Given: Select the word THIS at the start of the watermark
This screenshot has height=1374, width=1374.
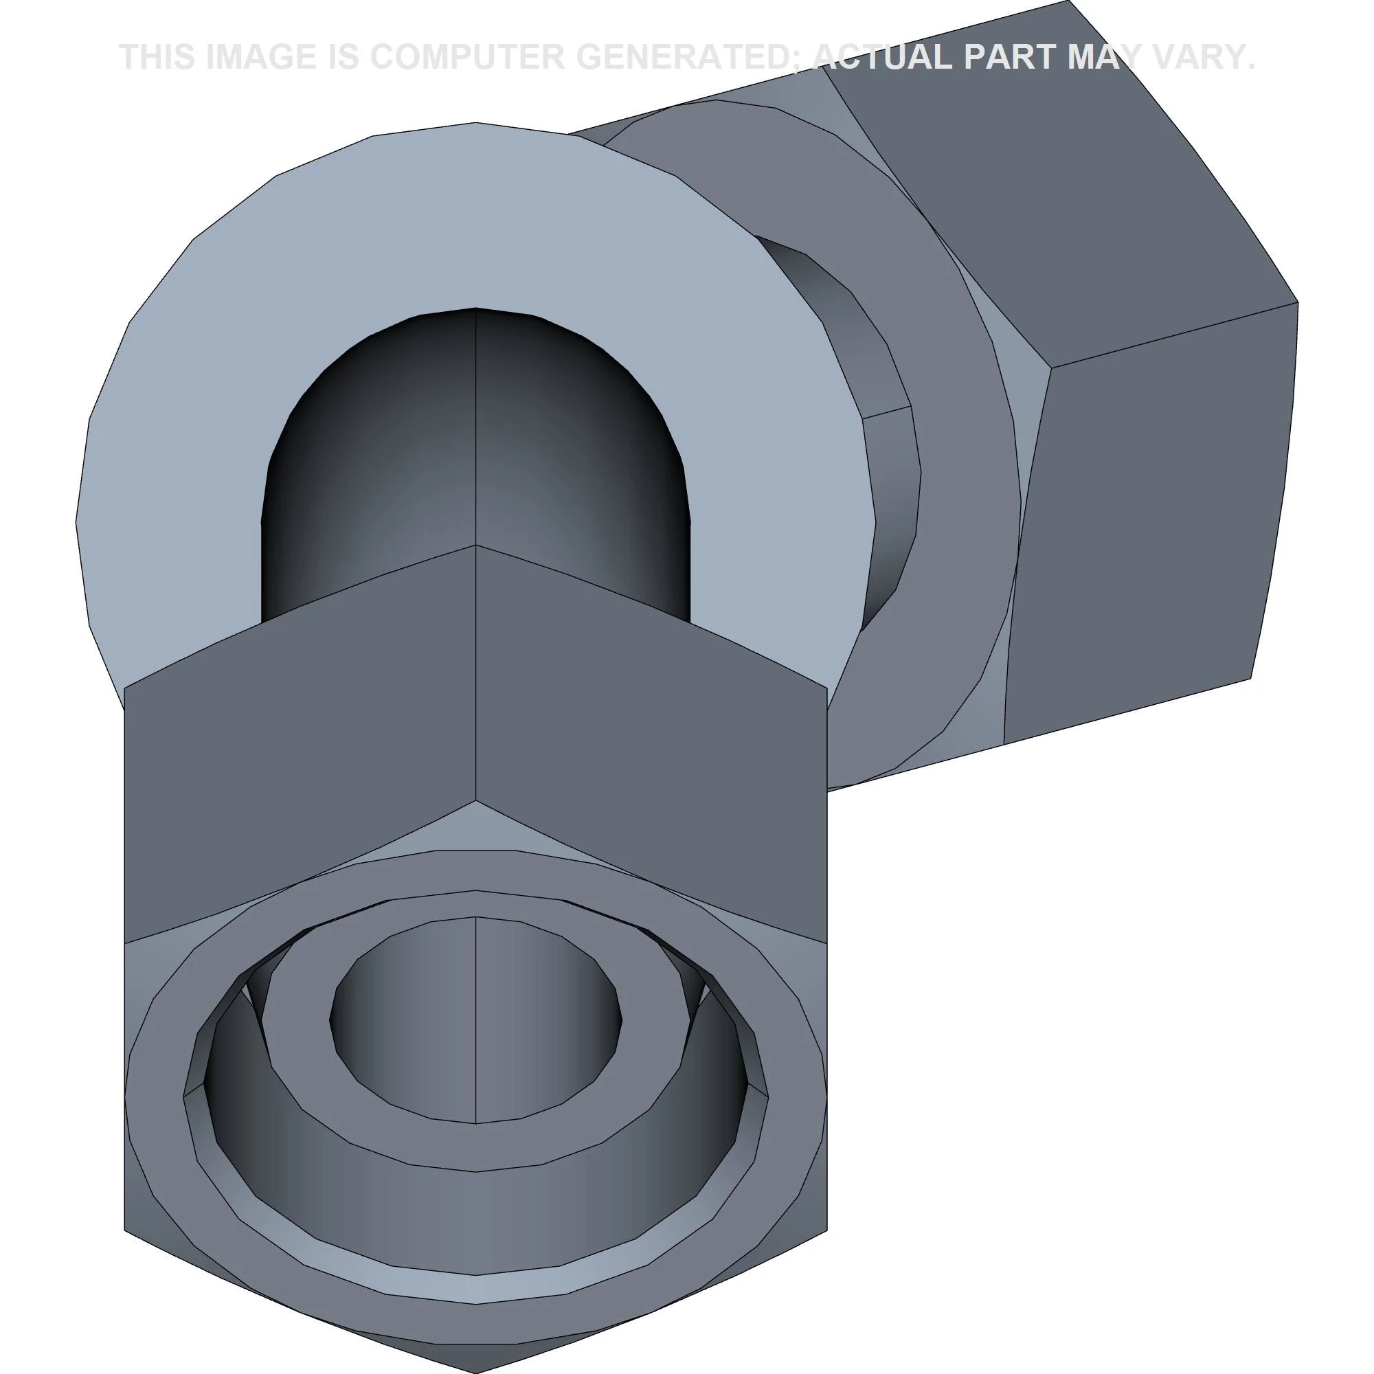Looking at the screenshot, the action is point(157,57).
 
